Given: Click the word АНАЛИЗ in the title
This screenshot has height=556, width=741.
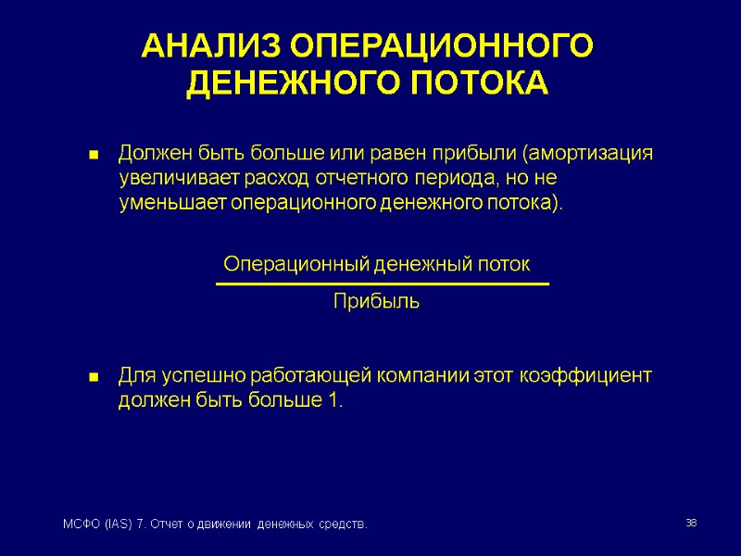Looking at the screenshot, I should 210,46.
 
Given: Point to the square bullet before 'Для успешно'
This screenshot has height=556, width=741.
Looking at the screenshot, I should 94,379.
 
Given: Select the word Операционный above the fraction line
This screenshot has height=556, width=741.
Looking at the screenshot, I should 296,265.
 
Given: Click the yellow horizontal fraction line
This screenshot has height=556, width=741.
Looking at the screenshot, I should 382,284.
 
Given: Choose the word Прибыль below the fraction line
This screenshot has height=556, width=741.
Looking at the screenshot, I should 376,302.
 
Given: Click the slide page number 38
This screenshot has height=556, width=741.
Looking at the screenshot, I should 690,525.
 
